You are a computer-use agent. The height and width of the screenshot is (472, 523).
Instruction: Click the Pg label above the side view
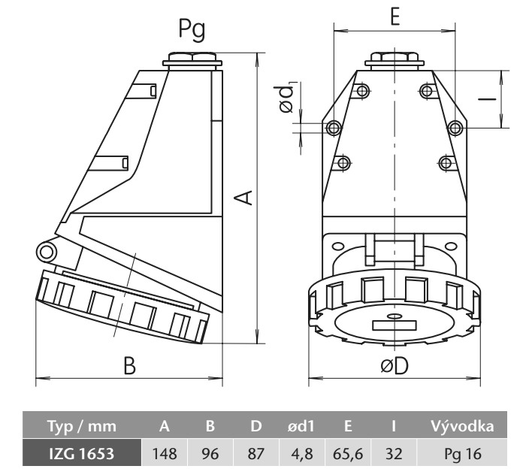192,30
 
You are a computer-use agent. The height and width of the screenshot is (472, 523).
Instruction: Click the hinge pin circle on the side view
46,251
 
